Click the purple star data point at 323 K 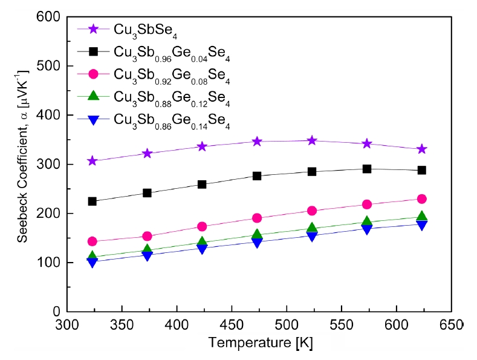92,161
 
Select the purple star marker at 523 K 312,140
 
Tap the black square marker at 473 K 257,176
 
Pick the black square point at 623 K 421,170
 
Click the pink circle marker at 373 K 147,236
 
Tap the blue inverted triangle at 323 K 92,262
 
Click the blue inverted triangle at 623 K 421,225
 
